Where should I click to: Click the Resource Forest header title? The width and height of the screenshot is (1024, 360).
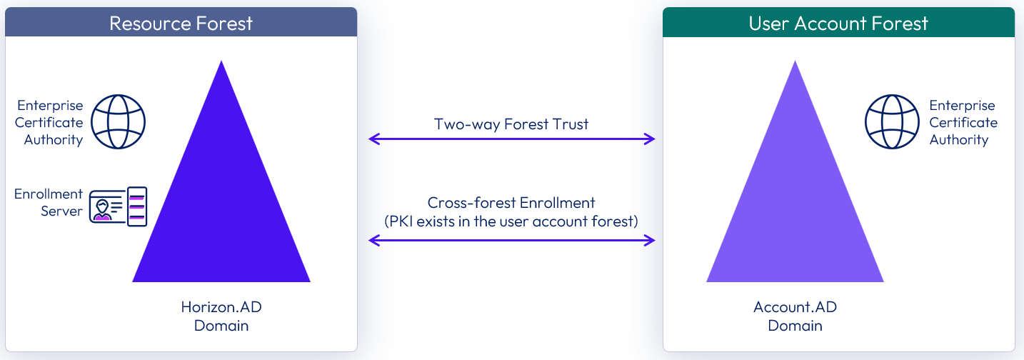(181, 23)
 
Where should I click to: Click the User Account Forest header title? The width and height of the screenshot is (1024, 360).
(838, 23)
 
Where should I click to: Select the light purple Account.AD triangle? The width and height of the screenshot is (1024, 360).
(795, 214)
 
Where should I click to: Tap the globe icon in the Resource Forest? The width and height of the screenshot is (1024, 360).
(119, 122)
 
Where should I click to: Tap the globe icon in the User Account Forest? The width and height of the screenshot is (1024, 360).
(892, 122)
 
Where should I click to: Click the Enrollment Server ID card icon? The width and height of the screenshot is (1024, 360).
(118, 206)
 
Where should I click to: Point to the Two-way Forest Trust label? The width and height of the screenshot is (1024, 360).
(511, 124)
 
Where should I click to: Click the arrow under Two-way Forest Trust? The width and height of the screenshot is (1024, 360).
(511, 139)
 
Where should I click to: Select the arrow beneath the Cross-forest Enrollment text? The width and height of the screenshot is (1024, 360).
(511, 241)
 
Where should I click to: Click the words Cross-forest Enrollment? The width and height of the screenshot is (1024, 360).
(511, 203)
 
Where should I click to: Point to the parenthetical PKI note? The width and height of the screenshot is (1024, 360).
(511, 221)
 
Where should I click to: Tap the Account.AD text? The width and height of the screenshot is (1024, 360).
(795, 308)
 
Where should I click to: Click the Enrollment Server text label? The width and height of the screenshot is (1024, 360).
(49, 203)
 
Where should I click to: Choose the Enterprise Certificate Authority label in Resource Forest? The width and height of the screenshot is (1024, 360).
(49, 122)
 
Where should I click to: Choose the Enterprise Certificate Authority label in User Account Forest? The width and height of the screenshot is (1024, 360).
(963, 122)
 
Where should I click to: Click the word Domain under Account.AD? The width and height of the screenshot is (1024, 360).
(795, 326)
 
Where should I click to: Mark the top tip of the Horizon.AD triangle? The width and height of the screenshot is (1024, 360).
(221, 63)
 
